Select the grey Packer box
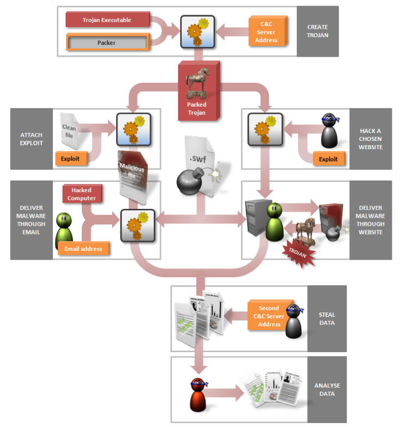[107, 43]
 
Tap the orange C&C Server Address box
[266, 32]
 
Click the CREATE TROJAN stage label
[317, 31]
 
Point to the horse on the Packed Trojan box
[196, 84]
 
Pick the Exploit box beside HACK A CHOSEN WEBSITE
[328, 159]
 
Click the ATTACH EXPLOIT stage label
[31, 138]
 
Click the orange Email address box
[83, 248]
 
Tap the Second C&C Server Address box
[269, 316]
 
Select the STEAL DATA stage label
[327, 318]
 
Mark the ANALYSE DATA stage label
[327, 389]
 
